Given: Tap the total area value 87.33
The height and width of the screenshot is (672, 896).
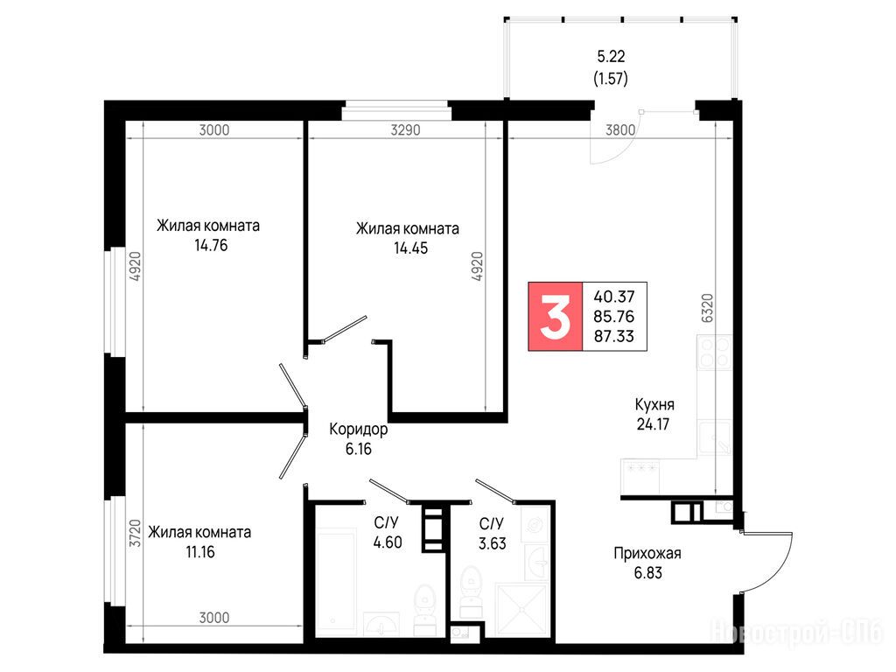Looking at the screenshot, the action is coord(613,336).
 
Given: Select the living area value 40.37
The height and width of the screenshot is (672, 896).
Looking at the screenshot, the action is coord(613,297).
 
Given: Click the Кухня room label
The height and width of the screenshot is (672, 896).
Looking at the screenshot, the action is coord(654,404).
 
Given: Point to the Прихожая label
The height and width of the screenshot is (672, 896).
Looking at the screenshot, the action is coord(647,553).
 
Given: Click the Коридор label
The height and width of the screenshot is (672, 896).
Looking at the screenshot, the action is coord(358,429).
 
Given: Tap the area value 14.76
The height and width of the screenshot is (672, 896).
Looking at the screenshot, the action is coord(211,246).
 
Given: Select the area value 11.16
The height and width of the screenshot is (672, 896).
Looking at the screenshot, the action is coord(200,552).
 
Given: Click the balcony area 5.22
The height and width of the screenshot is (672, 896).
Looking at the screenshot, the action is coord(611,56).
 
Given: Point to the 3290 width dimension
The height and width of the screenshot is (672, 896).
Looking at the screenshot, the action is coord(405,130).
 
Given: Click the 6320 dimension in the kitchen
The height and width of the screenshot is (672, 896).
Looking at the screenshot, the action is coord(707,309).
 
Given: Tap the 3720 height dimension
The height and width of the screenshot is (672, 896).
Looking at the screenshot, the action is coord(135,533).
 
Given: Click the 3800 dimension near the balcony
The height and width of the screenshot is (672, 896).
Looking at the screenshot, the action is coord(620,130).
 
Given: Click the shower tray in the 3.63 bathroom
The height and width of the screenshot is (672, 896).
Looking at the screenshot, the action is coord(521,609).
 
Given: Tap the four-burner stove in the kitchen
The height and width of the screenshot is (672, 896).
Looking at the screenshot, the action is coord(714,352).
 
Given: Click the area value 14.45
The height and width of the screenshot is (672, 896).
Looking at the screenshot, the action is coord(410,248).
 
